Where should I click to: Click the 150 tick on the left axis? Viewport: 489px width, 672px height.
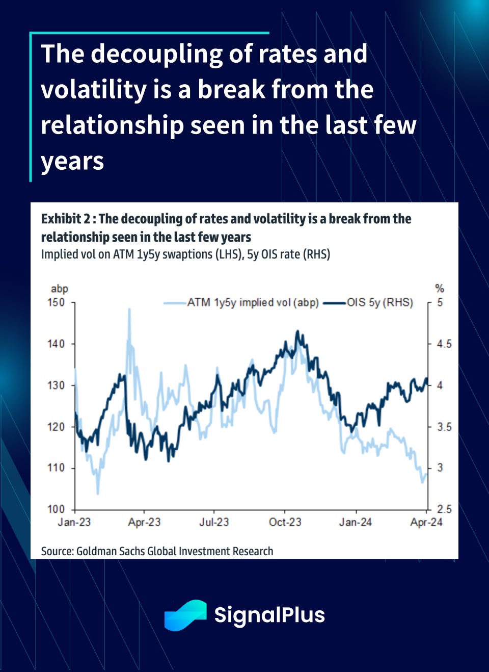click(56, 302)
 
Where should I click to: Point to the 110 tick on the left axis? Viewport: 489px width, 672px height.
click(56, 468)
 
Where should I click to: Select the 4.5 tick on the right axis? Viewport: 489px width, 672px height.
click(444, 344)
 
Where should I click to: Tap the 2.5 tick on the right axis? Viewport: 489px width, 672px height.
click(444, 509)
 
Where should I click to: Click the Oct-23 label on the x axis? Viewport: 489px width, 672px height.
click(285, 522)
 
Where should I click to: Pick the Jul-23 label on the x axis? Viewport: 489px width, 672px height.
click(214, 522)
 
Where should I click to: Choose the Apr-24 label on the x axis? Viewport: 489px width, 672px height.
click(426, 522)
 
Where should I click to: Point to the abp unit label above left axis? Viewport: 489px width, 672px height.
click(60, 289)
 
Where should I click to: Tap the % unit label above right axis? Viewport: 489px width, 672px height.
click(440, 289)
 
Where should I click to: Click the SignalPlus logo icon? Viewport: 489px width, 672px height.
click(185, 615)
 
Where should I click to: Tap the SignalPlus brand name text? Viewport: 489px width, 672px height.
click(269, 615)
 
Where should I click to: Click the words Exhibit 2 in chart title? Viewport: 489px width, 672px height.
click(65, 219)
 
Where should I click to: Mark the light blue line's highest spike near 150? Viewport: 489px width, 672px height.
click(129, 309)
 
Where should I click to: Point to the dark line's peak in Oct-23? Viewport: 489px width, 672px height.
click(298, 331)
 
